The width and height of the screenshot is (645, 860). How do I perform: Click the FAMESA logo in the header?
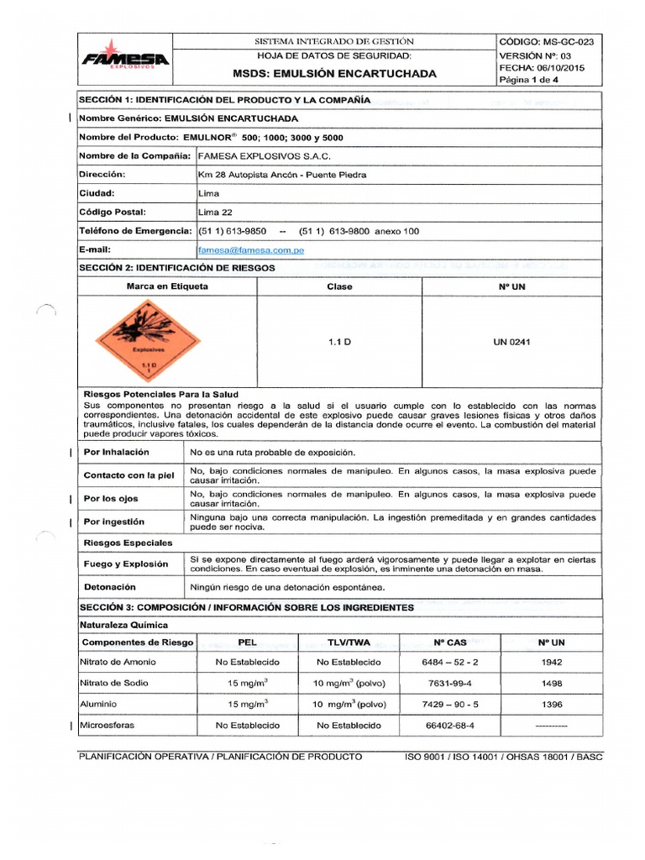coord(125,55)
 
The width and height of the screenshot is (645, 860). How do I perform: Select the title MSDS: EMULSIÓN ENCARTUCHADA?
coord(334,74)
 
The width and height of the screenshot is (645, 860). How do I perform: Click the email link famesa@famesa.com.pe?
coord(251,250)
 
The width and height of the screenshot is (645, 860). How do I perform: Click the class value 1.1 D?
coord(339,343)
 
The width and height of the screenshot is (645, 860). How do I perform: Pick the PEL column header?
coord(248,642)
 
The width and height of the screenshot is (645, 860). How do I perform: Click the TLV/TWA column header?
coord(349,642)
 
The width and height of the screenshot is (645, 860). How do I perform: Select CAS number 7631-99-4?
coord(450,683)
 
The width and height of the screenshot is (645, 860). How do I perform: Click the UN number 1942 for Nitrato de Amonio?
coord(552,662)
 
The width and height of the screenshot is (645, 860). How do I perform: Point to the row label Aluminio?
coord(98,704)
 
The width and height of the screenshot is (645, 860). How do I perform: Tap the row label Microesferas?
coord(107,725)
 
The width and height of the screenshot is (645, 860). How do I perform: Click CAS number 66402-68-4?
coord(450,725)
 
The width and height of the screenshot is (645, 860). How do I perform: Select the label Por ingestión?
coord(114,522)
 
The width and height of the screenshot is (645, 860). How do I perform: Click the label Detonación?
coord(110,587)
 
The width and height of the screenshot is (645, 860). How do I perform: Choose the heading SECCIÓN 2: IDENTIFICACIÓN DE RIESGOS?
coord(188,268)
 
